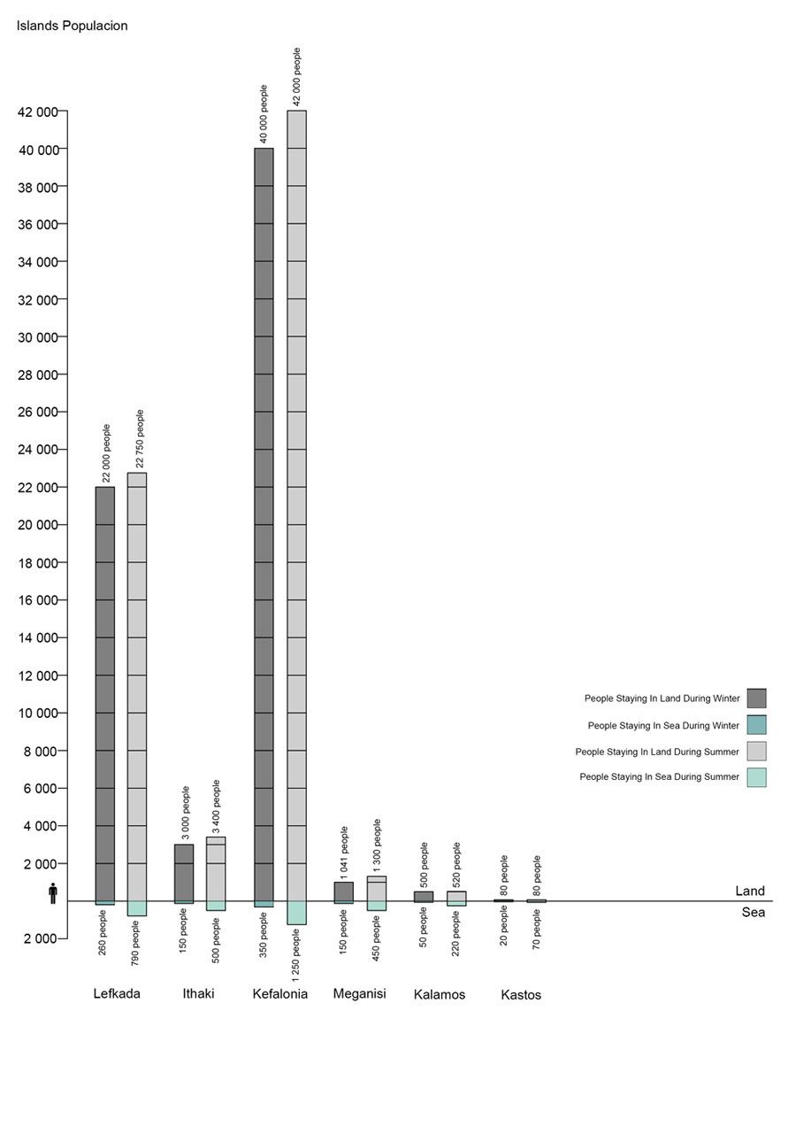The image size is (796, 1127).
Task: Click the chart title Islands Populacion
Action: [72, 26]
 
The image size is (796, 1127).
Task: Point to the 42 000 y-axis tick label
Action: [38, 112]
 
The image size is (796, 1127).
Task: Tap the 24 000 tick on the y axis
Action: [38, 450]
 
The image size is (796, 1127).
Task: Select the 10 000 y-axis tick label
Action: [38, 714]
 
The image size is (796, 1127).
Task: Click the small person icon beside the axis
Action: [53, 893]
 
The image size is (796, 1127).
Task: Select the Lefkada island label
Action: [117, 993]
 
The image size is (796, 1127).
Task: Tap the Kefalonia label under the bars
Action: [279, 994]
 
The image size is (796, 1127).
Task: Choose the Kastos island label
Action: [521, 995]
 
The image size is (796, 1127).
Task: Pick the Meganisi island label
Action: [359, 993]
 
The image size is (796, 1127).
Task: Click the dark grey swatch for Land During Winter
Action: [756, 699]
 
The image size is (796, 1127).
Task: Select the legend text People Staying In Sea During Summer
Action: [659, 777]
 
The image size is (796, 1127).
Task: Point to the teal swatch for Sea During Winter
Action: [756, 725]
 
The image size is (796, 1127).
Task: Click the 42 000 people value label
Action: [297, 77]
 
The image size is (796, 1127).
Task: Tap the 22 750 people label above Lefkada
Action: [140, 439]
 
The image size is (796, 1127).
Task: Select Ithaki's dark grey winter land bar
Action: [184, 873]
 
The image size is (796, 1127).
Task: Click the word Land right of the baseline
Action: [750, 892]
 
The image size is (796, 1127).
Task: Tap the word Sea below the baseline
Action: [753, 913]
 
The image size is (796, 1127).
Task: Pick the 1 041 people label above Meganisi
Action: [345, 852]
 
